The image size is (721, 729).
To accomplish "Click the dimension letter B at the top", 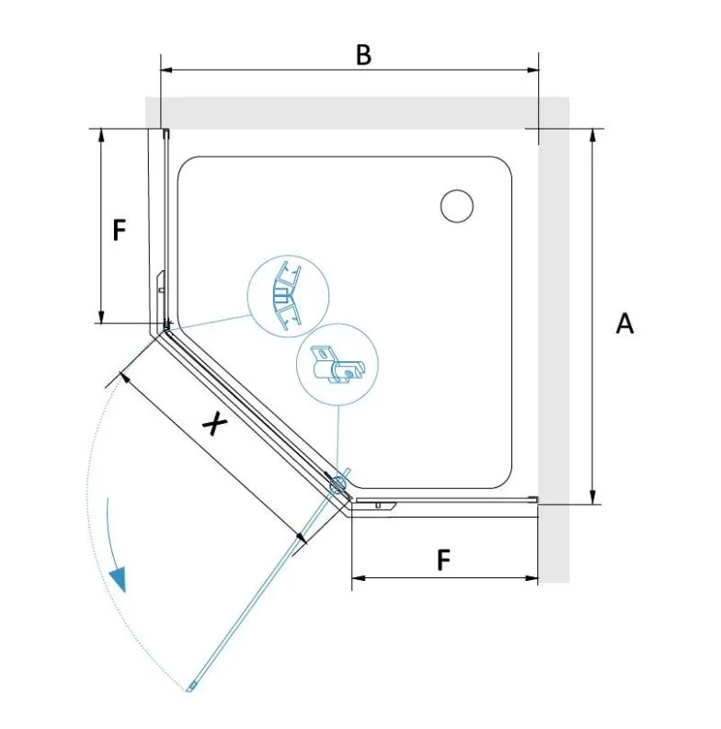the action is tap(363, 54).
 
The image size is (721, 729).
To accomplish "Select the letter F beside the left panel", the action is tap(120, 229).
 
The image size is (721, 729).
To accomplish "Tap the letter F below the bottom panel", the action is tap(444, 560).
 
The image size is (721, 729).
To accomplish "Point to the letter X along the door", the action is tap(214, 425).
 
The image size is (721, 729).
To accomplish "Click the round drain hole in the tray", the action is tap(457, 206).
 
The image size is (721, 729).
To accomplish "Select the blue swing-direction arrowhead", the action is tap(118, 580).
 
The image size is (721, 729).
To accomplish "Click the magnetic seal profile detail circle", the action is tap(288, 296).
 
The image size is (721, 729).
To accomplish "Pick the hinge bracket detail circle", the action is tap(338, 364).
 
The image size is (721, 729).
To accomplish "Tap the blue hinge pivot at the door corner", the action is tap(338, 484).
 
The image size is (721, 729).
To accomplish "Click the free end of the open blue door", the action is tap(190, 688).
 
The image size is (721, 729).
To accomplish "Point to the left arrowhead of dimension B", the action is tap(166, 70).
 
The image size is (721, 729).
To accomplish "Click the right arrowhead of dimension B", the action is tap(532, 70).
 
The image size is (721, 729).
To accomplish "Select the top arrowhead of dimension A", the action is tap(592, 134).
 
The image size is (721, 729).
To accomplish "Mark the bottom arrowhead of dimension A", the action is tap(592, 498).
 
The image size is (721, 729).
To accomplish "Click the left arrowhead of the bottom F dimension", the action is tap(358, 578).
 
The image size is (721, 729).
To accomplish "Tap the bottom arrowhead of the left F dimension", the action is tap(101, 316).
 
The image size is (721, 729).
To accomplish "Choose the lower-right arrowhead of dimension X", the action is tap(302, 538).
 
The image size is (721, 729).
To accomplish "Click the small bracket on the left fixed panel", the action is tap(161, 284).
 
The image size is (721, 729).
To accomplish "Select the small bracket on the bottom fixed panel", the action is tap(376, 505).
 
